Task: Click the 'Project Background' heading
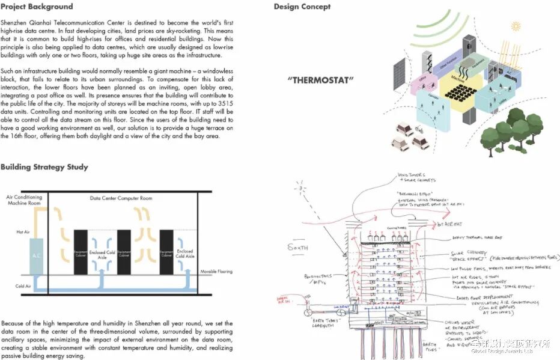pyautogui.click(x=37, y=7)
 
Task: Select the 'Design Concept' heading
pyautogui.click(x=302, y=7)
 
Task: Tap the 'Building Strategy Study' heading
pyautogui.click(x=44, y=167)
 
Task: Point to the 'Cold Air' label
pyautogui.click(x=23, y=286)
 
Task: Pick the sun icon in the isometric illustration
pyautogui.click(x=515, y=26)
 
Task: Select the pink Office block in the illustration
pyautogui.click(x=424, y=84)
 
